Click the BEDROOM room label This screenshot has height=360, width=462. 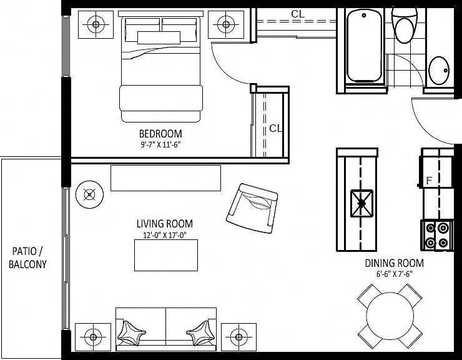(x=160, y=134)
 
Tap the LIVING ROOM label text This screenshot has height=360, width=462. (x=165, y=224)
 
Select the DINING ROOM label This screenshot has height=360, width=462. (x=394, y=263)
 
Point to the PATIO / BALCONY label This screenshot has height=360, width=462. (x=27, y=257)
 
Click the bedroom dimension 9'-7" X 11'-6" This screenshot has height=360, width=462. (x=160, y=144)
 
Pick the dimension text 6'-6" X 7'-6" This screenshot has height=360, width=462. (x=394, y=274)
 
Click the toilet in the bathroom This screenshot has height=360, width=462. (x=405, y=25)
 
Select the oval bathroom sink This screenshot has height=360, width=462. (x=439, y=71)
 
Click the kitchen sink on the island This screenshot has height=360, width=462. (x=361, y=203)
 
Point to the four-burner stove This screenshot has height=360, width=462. (x=436, y=236)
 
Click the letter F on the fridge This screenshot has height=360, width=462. (x=429, y=180)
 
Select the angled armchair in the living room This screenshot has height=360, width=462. (x=252, y=208)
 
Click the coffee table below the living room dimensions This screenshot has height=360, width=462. (x=166, y=255)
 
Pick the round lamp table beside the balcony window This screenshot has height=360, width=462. (x=89, y=194)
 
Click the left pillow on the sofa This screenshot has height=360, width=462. (x=131, y=332)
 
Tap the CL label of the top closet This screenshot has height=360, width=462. (x=298, y=14)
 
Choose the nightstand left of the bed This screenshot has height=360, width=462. (x=96, y=24)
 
